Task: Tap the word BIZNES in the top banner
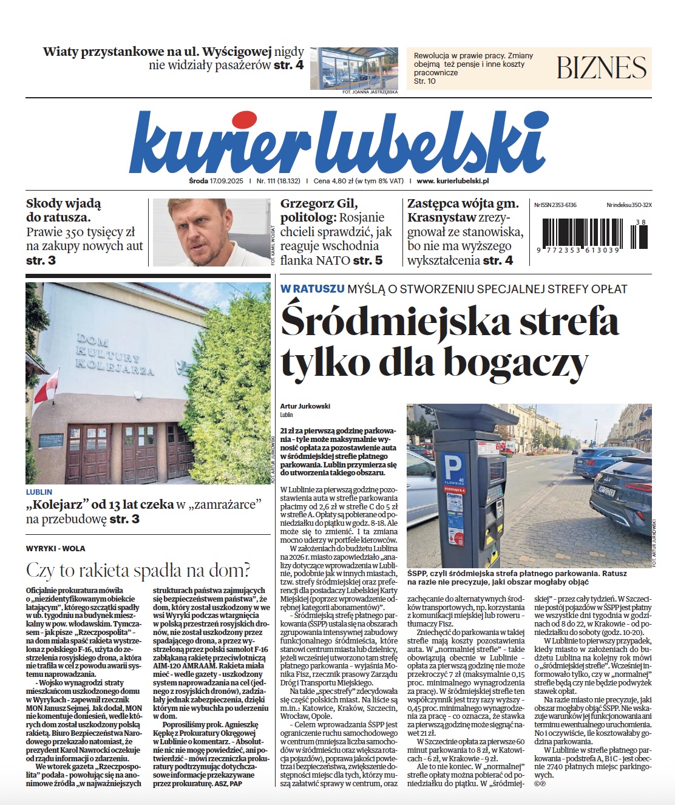point(602,67)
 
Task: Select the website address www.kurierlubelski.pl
point(453,181)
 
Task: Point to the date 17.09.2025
point(226,181)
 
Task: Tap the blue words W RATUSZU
point(312,289)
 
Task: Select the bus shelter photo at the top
point(354,68)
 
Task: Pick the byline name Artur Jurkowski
point(305,406)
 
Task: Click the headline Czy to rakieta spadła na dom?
point(138,570)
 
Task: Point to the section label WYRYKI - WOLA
point(56,548)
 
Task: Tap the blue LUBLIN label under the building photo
point(39,492)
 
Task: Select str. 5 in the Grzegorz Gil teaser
point(368,260)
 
